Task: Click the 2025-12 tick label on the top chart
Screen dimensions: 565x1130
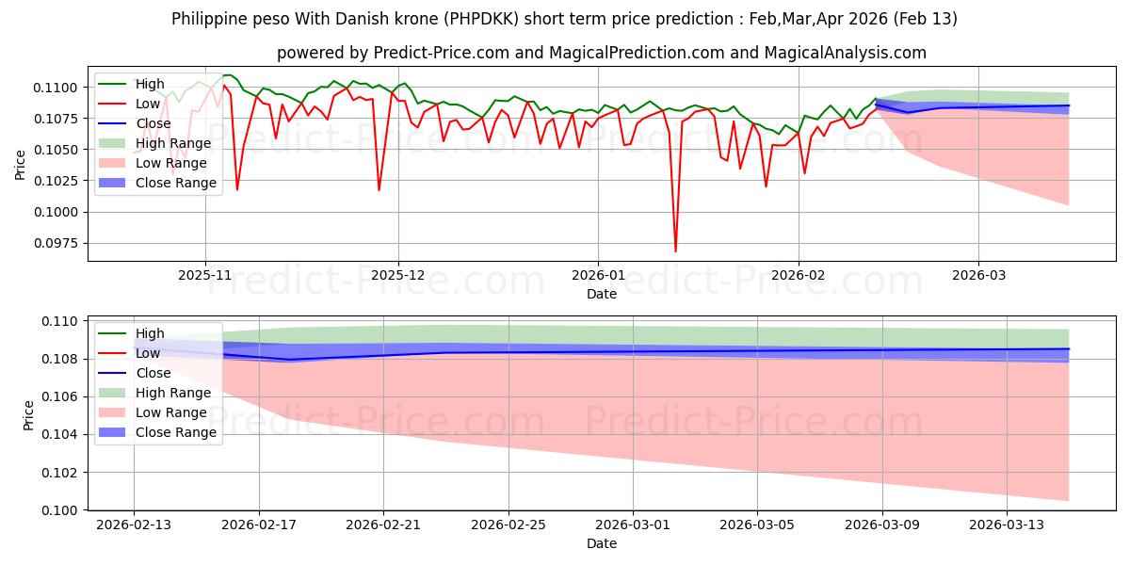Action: [x=398, y=275]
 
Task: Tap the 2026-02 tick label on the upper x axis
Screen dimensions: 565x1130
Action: [x=799, y=275]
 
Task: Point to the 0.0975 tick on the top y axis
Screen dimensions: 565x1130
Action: [x=58, y=243]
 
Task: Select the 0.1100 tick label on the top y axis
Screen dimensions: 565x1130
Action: [x=58, y=88]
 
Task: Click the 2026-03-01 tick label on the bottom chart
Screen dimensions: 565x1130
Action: [x=632, y=525]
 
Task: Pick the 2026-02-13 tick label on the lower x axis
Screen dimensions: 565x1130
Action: [x=134, y=525]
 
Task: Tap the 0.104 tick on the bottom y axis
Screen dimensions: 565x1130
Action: [x=64, y=434]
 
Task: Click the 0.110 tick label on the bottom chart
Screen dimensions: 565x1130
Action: [x=64, y=321]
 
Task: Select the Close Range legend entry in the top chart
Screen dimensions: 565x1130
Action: [x=176, y=183]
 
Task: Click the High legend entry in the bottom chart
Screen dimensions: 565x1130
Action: [x=150, y=333]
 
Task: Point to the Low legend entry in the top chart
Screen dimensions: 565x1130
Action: [x=148, y=104]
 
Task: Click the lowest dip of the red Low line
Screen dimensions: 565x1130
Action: [x=675, y=251]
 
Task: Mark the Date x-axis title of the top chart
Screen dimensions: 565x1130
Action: [x=602, y=294]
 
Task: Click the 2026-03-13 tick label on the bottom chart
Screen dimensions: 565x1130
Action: [x=1007, y=525]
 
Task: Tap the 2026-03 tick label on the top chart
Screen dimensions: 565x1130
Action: [x=978, y=275]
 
